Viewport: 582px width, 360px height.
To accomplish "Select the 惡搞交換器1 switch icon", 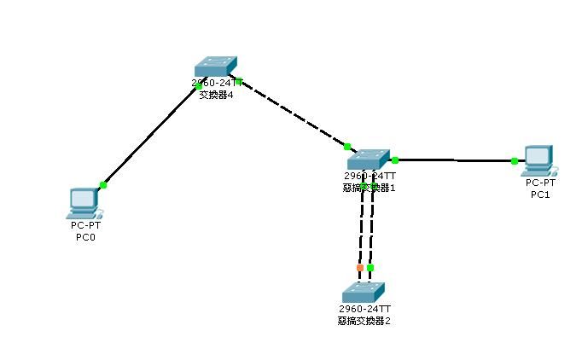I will [x=367, y=159].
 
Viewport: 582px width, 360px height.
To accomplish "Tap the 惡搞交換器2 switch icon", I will [x=364, y=291].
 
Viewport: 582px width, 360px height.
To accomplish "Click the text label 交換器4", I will [x=216, y=95].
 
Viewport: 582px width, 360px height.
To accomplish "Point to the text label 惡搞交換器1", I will [x=368, y=188].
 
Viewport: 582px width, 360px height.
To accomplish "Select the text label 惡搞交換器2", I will [x=364, y=321].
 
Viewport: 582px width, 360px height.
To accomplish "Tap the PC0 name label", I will [x=86, y=236].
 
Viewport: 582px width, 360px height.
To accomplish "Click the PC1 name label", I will [x=540, y=195].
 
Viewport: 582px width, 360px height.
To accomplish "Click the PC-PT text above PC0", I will [x=86, y=225].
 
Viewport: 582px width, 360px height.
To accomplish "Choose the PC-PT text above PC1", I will [x=540, y=183].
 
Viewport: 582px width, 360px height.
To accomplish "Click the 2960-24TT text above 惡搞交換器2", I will [x=364, y=309].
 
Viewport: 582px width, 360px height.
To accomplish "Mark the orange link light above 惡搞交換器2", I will [x=360, y=268].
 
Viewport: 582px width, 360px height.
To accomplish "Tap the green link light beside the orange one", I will [x=370, y=268].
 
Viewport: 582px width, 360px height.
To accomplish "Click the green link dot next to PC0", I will [x=103, y=184].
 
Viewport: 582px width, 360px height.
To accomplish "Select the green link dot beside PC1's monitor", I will [x=515, y=160].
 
